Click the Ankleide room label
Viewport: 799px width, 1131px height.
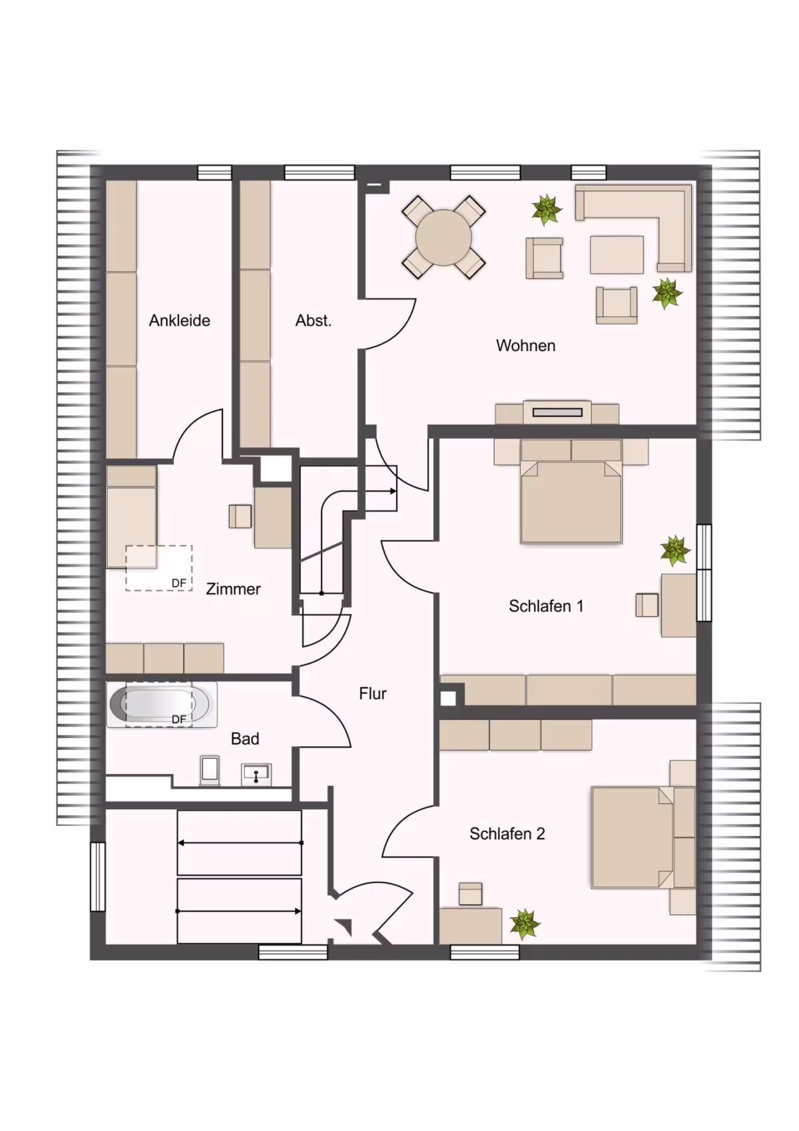[179, 320]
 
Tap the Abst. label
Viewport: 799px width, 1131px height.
[314, 320]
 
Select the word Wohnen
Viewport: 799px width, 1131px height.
[525, 345]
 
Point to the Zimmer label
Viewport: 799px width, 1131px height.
[233, 589]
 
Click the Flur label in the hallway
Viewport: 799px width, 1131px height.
[372, 694]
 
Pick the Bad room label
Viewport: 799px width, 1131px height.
[245, 739]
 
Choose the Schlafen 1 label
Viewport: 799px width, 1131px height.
[545, 606]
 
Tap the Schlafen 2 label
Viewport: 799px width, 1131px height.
[507, 834]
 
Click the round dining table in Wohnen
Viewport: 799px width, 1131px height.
[443, 237]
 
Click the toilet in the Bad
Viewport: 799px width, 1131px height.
[210, 771]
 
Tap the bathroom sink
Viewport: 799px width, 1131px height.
[256, 774]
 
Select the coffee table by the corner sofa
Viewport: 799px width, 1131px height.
[617, 254]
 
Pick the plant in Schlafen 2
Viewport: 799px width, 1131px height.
[525, 923]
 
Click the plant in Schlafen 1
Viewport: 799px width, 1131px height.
[675, 551]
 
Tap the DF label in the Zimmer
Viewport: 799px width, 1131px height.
[179, 583]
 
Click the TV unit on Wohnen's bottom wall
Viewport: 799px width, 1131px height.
[557, 412]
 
